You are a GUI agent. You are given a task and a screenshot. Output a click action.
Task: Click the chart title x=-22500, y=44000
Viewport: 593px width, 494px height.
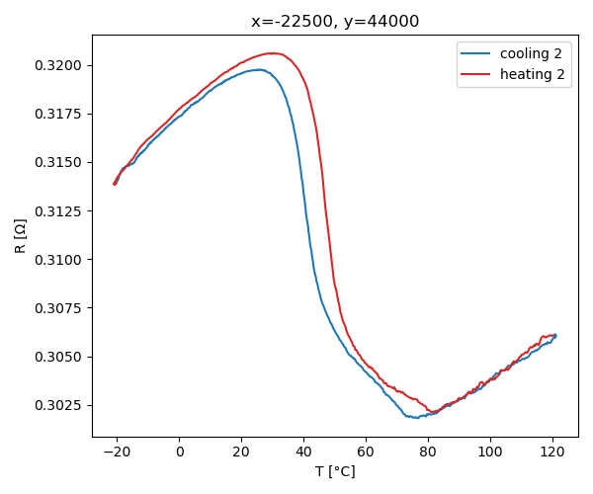tap(335, 22)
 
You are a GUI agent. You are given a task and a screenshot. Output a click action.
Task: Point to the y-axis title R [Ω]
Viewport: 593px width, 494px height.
tap(21, 236)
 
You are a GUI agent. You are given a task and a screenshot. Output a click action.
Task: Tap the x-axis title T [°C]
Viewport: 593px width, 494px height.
tap(335, 471)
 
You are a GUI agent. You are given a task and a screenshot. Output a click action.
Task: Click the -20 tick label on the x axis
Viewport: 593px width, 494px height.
tap(115, 452)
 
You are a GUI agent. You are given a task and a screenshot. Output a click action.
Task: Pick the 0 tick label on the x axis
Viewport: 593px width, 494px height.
tap(180, 452)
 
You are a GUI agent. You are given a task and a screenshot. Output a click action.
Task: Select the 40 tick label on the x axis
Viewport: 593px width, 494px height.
tap(304, 452)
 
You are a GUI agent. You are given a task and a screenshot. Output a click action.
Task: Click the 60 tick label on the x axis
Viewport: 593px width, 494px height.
tap(366, 452)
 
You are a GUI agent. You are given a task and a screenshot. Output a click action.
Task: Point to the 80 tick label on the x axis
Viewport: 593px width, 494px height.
tap(428, 452)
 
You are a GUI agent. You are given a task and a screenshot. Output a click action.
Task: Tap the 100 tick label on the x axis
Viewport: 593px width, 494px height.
tap(490, 452)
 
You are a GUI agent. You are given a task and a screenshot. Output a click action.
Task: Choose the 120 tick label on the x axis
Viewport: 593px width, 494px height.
tap(552, 452)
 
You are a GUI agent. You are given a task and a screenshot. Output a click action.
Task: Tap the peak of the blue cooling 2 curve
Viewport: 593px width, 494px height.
tap(258, 69)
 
